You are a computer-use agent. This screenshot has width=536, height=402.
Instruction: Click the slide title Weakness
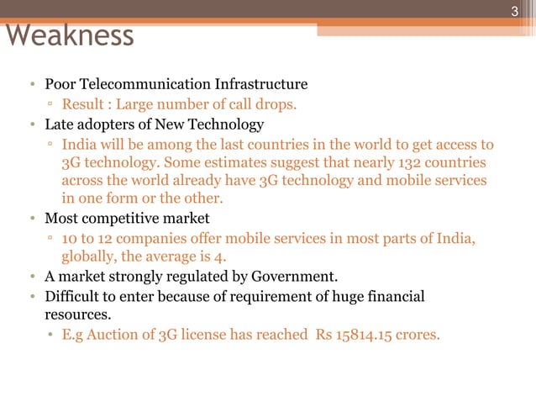point(70,35)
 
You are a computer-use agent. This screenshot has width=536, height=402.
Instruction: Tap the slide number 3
point(516,12)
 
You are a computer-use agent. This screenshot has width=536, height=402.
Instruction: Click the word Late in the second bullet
point(59,125)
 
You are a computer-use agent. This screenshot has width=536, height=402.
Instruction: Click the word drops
point(277,105)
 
